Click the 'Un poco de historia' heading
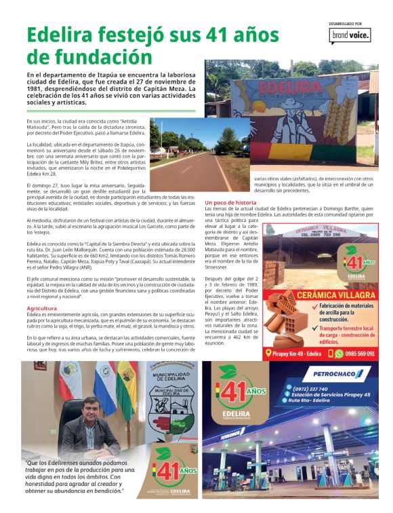(x=230, y=203)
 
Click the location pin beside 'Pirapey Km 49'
(x=268, y=354)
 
